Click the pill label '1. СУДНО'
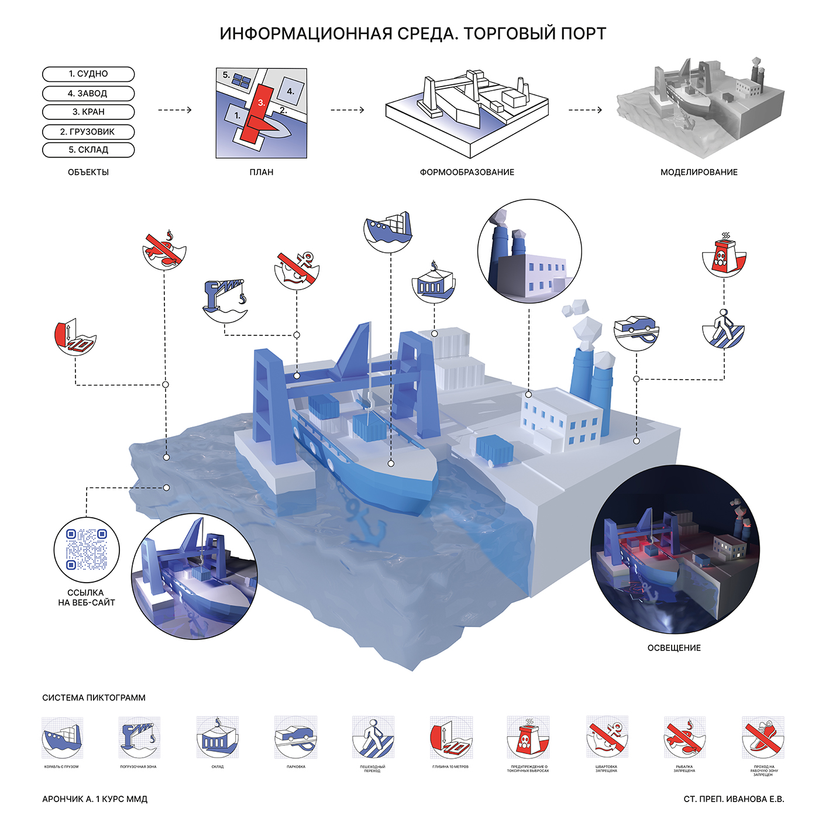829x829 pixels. click(x=88, y=74)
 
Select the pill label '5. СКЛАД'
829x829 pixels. click(x=88, y=150)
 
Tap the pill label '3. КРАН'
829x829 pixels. click(x=88, y=112)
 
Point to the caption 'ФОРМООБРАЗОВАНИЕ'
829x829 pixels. click(x=467, y=173)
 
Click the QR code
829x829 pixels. click(x=87, y=549)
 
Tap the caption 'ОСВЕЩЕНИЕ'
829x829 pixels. click(x=674, y=648)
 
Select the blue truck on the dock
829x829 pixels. click(x=495, y=449)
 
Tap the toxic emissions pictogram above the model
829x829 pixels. click(x=724, y=256)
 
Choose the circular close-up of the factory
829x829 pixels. click(x=529, y=252)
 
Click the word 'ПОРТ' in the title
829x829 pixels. click(x=583, y=34)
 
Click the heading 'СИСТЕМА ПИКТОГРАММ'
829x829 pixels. click(x=94, y=698)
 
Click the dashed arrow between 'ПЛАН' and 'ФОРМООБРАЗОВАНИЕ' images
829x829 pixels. click(x=348, y=110)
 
